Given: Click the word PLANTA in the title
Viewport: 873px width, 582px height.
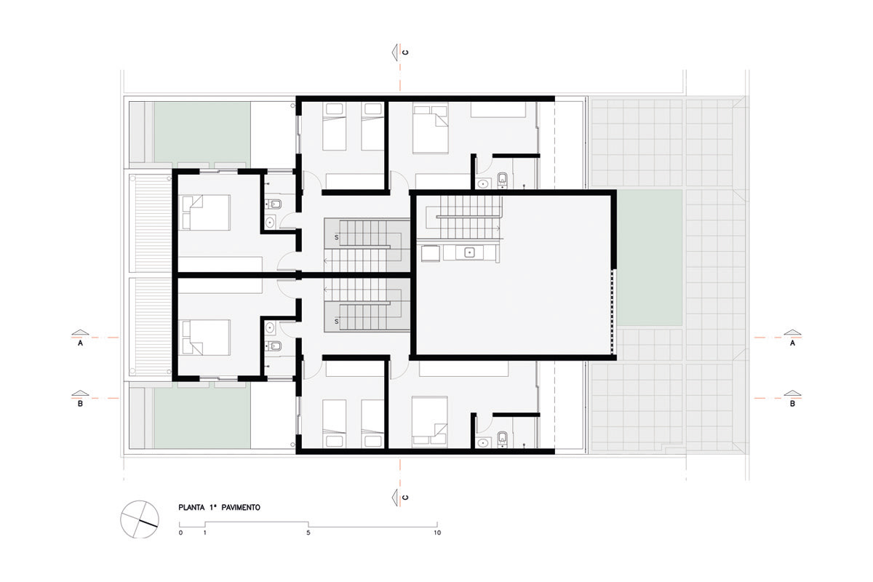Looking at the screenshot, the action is coord(191,508).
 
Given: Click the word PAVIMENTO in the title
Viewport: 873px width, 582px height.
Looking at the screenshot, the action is coord(241,508).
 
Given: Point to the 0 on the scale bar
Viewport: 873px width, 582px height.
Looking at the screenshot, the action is coord(180,533).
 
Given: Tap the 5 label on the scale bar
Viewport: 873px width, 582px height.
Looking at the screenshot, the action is coord(308,533).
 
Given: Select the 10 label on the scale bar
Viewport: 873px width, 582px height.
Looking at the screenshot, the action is coord(437,533).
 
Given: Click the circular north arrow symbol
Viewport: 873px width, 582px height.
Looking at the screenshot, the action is coord(140,519).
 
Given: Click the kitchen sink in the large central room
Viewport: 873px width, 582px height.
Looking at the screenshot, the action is coord(470,252).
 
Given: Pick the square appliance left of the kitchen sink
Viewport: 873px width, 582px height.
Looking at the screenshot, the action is coord(430,252).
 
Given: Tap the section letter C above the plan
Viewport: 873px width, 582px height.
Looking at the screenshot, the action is coord(406,52).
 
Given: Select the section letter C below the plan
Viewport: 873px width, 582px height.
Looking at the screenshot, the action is coord(406,498).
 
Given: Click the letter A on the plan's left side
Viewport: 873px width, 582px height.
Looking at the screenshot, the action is coord(80,343).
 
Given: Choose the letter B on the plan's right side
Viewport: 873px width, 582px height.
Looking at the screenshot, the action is coord(792,404).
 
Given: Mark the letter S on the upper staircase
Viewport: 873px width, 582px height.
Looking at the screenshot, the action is coord(336,237).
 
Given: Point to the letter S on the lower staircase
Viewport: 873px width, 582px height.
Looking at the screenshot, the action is coord(336,322).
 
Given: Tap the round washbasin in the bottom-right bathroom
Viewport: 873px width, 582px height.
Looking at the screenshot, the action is coord(483,442).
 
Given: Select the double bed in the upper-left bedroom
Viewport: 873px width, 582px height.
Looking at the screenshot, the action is coord(206,213).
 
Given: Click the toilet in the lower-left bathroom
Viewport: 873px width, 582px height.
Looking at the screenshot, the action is coord(274,346).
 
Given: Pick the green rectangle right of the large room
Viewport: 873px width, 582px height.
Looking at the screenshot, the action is coord(650,258).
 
